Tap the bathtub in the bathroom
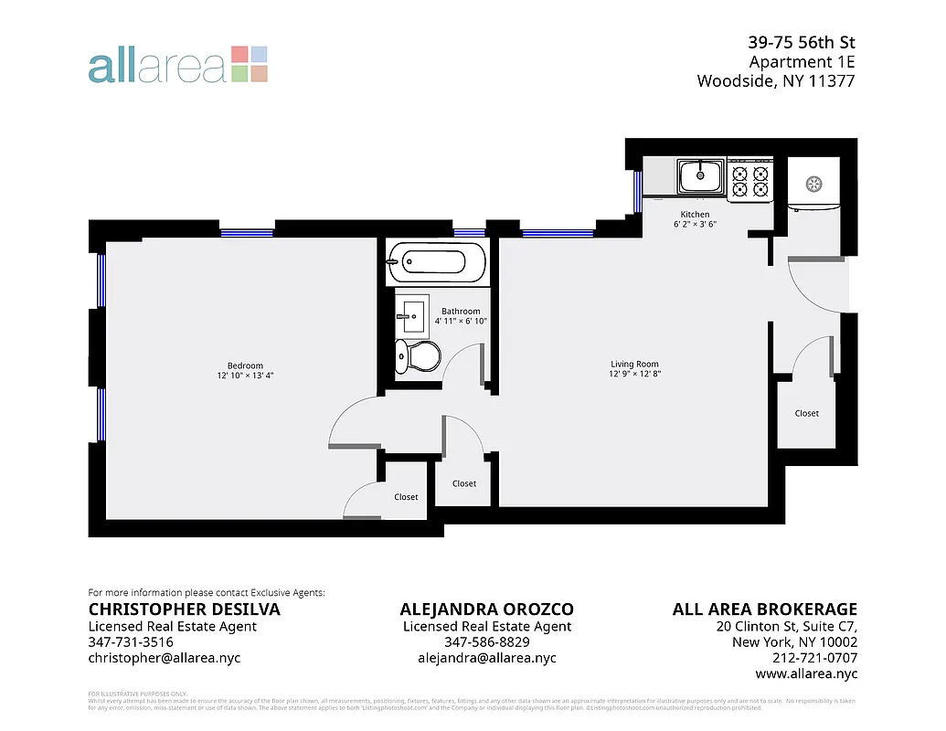[x=436, y=262]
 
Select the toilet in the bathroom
[x=416, y=356]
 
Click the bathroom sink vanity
[x=412, y=316]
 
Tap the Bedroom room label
[x=246, y=365]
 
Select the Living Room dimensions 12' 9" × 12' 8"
[x=634, y=374]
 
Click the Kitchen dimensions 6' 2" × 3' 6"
[x=695, y=224]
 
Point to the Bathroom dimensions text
[x=461, y=321]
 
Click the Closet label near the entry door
[x=806, y=413]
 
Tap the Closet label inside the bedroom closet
[x=406, y=497]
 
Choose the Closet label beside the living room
[x=464, y=483]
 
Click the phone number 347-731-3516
[x=131, y=642]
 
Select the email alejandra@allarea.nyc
[x=486, y=658]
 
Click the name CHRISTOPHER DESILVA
[x=184, y=609]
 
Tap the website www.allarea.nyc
[x=806, y=673]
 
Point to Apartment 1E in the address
[x=802, y=62]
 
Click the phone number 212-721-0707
[x=813, y=658]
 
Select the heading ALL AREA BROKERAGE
[x=764, y=609]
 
